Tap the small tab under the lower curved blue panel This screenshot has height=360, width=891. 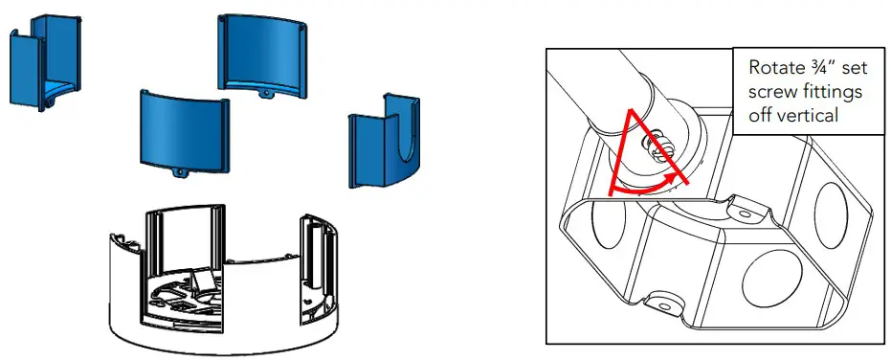[182, 174]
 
